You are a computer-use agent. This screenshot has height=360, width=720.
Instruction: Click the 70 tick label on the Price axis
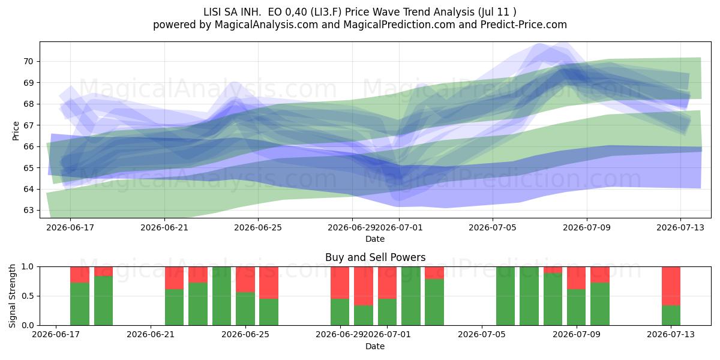coord(28,61)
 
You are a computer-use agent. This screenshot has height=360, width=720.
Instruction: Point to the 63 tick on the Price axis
coord(28,210)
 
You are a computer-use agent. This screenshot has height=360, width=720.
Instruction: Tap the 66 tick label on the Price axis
coord(28,146)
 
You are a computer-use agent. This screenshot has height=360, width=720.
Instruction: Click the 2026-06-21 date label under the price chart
coord(164,227)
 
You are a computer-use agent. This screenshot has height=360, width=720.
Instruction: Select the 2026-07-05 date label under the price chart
coord(493,227)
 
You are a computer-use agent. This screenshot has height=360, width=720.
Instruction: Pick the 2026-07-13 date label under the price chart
coord(680,227)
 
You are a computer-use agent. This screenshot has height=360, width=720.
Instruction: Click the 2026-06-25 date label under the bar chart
coord(245,334)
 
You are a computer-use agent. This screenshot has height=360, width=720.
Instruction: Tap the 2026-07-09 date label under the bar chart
coord(577,334)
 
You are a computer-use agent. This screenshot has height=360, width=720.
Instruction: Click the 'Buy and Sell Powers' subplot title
coord(375,257)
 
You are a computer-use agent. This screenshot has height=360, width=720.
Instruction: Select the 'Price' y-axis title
coord(16,131)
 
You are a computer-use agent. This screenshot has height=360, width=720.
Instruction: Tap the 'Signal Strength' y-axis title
coord(12,296)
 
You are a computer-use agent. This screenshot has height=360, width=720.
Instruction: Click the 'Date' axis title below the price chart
coord(375,239)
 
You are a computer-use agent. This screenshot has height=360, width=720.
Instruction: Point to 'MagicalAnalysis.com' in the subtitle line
coord(266,25)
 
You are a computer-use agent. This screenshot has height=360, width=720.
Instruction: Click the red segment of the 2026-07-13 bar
coord(671,286)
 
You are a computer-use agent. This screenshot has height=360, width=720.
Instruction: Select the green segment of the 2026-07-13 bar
coord(671,316)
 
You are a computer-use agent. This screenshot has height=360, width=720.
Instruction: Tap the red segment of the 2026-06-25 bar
coord(245,280)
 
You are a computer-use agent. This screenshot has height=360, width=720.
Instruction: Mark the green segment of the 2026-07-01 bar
coord(388,312)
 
